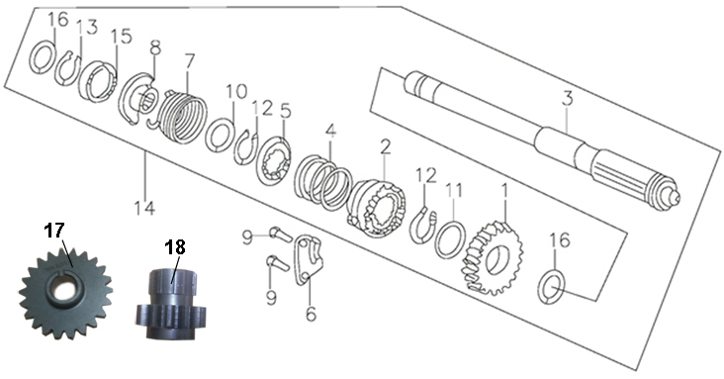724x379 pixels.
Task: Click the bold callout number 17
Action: click(x=54, y=231)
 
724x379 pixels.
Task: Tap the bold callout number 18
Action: click(x=175, y=247)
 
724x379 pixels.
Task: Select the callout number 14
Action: click(x=145, y=208)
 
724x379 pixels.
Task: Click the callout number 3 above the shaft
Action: click(x=567, y=98)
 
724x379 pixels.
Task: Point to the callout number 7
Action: click(x=188, y=61)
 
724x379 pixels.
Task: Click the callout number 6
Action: click(x=312, y=314)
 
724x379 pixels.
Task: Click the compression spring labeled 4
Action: click(x=323, y=182)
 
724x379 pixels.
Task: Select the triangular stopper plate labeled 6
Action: click(x=308, y=260)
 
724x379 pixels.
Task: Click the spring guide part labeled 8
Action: click(x=138, y=98)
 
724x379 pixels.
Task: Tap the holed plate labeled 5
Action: click(x=274, y=161)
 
